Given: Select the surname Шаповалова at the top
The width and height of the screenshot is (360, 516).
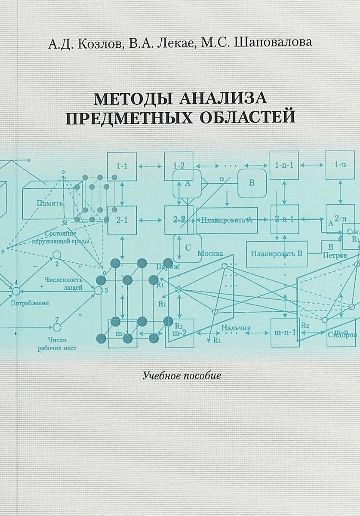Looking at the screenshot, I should pyautogui.click(x=273, y=44).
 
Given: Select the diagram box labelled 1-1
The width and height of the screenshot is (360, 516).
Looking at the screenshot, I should pyautogui.click(x=122, y=166).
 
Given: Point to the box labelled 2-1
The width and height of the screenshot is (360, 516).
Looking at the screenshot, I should pyautogui.click(x=122, y=220).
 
